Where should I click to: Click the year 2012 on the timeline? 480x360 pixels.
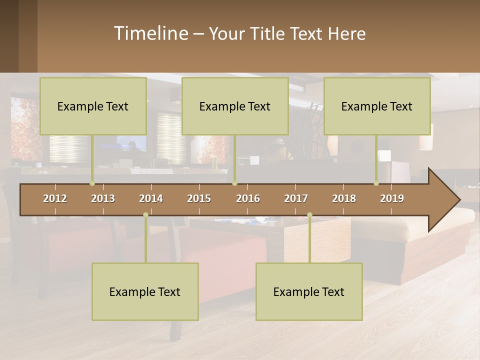click(x=55, y=198)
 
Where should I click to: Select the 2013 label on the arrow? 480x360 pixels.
click(x=103, y=198)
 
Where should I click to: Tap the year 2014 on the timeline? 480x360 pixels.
click(x=151, y=198)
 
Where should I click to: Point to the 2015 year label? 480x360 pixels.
click(x=199, y=198)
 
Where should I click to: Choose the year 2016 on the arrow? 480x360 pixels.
click(x=248, y=198)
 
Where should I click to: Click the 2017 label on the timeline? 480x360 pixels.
click(x=296, y=198)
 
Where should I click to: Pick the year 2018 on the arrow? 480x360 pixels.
click(x=344, y=198)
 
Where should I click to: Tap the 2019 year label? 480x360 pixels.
click(x=392, y=198)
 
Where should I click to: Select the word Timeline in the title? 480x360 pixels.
click(x=150, y=33)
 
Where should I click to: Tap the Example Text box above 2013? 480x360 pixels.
click(x=93, y=106)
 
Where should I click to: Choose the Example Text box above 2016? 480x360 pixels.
click(x=235, y=106)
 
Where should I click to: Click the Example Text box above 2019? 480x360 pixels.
click(x=377, y=106)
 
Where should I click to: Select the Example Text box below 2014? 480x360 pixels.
click(x=145, y=291)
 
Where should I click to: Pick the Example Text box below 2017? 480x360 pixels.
click(x=309, y=291)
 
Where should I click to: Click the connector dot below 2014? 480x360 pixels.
click(x=145, y=214)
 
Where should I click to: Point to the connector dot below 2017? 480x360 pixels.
click(x=309, y=214)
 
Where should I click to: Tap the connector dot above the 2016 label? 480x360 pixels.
click(x=234, y=183)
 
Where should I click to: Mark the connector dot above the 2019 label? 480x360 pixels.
click(x=376, y=183)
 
